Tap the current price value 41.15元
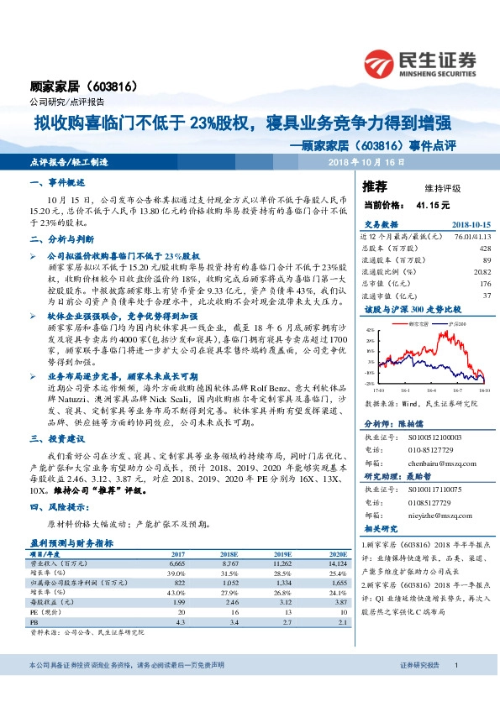click(x=433, y=204)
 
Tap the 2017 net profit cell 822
click(x=178, y=582)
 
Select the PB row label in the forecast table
click(x=35, y=622)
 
